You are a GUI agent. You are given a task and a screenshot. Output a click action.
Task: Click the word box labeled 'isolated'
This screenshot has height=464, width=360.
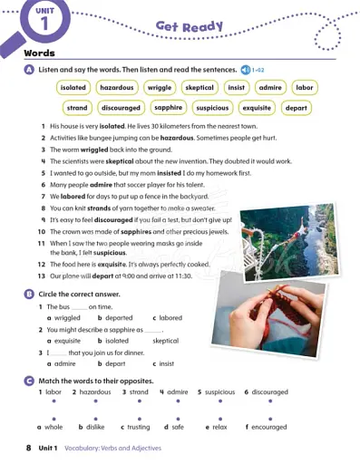click(73, 88)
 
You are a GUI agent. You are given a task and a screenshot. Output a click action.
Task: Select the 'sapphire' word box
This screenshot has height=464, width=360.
click(169, 108)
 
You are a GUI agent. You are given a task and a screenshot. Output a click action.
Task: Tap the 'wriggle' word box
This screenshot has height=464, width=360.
click(159, 88)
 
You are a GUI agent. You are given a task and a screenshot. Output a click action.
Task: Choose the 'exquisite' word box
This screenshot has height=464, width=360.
click(257, 108)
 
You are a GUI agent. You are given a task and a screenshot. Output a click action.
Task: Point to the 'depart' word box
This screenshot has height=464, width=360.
click(297, 108)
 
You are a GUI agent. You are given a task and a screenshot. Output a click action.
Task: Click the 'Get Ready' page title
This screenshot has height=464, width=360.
click(189, 26)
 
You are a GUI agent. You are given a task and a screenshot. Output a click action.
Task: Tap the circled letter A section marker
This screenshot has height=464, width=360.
click(30, 70)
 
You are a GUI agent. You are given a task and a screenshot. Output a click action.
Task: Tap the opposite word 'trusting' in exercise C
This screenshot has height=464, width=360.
click(135, 427)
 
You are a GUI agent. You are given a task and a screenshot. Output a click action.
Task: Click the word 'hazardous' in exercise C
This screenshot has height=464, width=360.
click(94, 392)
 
